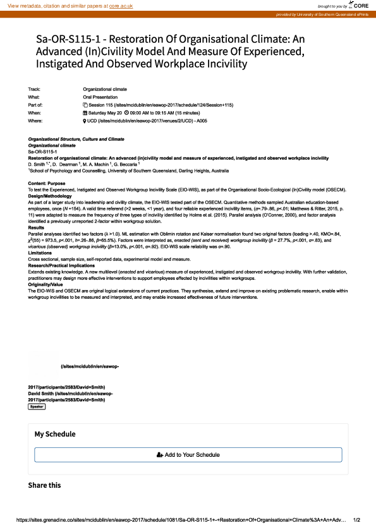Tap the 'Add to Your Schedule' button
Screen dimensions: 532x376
(188, 455)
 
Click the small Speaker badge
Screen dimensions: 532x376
(37, 407)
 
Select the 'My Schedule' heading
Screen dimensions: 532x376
(55, 434)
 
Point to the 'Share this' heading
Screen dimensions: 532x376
(44, 485)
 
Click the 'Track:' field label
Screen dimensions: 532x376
(35, 89)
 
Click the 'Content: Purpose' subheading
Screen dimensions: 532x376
(45, 183)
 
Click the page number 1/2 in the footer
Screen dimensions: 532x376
(356, 520)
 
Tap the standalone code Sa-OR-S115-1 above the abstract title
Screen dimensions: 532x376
(44, 152)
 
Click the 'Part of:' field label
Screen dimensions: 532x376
(36, 104)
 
